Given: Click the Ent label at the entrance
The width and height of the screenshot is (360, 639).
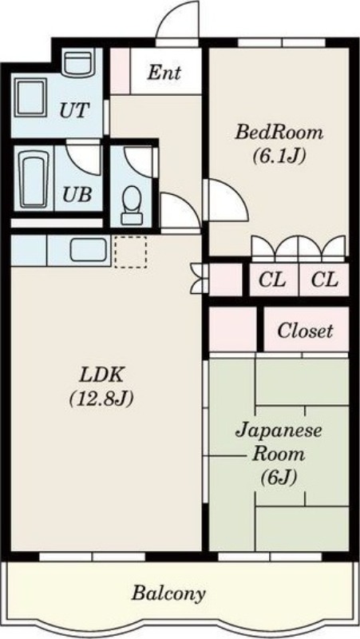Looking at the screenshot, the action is coord(164,73).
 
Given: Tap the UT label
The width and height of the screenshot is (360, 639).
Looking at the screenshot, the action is coord(73,110).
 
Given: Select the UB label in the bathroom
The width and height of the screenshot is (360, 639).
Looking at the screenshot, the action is coord(77,195).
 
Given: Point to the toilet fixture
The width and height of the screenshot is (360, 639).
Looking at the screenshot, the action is coord(132,204).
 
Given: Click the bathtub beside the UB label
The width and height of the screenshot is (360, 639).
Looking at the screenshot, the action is coord(34,179).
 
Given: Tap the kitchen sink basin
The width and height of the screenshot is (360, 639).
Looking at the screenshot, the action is coord(89,250).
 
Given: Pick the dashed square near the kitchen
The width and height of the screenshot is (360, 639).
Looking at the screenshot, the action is coord(130,252).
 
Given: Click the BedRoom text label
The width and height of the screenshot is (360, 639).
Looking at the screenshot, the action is coord(279,133).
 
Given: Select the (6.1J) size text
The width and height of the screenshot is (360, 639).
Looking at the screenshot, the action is coord(279,155).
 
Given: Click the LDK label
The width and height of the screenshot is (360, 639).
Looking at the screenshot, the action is coord(101,375).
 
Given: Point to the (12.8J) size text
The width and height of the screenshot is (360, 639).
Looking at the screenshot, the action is coord(101,398).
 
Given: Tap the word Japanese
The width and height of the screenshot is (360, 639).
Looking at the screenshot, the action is coord(279,431).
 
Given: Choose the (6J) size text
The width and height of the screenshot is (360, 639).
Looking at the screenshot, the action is coord(279,477).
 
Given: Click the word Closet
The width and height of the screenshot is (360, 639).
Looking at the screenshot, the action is coord(305,331).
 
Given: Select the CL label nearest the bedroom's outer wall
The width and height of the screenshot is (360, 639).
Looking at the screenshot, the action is coord(325,280).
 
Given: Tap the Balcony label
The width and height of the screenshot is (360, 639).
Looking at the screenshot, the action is coord(168,593).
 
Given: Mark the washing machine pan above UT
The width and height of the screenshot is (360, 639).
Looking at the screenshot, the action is coord(77,63).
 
